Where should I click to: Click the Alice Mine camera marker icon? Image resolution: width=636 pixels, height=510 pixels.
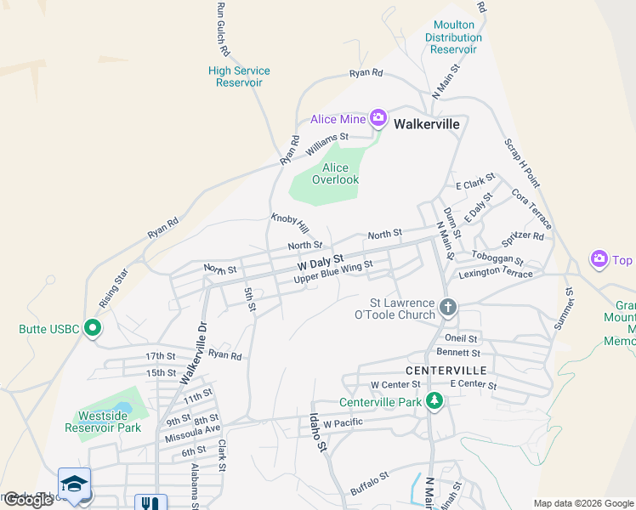point(378,118)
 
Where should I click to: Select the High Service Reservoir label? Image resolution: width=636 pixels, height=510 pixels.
point(239,76)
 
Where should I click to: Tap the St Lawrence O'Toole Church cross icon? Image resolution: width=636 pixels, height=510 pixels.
point(448,307)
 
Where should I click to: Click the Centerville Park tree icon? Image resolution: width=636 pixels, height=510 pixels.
point(434,401)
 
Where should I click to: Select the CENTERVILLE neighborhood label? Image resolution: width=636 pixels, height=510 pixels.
point(446,371)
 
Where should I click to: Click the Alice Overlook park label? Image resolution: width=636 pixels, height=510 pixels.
point(335,173)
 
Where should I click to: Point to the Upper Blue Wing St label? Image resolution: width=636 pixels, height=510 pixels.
point(333,272)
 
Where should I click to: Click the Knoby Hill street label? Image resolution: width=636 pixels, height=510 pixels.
point(289,224)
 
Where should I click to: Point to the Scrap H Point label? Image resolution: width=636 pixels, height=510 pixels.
point(521,162)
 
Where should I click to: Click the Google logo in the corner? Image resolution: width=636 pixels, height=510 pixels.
point(28,500)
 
